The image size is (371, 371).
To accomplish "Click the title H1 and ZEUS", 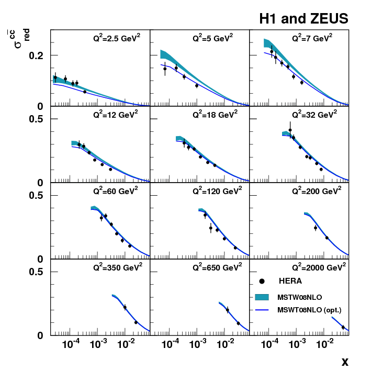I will [303, 19].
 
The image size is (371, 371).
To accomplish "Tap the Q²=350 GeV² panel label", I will [117, 266].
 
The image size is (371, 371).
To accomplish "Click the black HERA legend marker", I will [262, 282].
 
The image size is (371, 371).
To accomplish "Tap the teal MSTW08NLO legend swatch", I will [262, 297].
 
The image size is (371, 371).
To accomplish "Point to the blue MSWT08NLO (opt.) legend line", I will [262, 310].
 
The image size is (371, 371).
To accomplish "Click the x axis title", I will [345, 362].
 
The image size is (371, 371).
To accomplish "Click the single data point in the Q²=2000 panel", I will [343, 328].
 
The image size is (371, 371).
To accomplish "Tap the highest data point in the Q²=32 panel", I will [290, 130].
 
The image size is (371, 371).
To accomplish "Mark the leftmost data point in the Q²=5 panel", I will [165, 69].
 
